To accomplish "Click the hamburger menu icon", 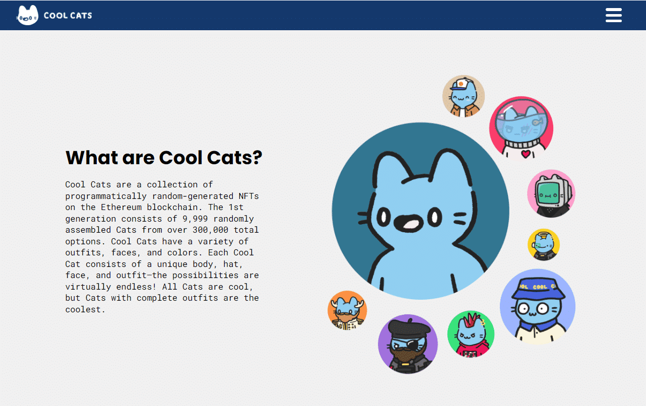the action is tap(613, 15).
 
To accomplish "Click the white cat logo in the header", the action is tap(27, 15).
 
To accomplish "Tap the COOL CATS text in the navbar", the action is tap(68, 15).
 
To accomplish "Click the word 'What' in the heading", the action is tap(91, 158).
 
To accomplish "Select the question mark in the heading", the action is tap(256, 158).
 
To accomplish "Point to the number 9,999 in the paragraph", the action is tap(195, 219).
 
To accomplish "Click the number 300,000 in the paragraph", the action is tap(210, 230).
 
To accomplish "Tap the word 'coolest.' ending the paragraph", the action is tap(85, 309).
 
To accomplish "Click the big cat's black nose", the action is tap(408, 224).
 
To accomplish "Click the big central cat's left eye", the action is tap(384, 217).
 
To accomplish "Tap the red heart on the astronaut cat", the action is tap(526, 154).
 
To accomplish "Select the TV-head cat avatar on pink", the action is tap(551, 193).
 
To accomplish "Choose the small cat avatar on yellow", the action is tap(544, 244).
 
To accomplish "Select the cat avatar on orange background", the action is tap(347, 310).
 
